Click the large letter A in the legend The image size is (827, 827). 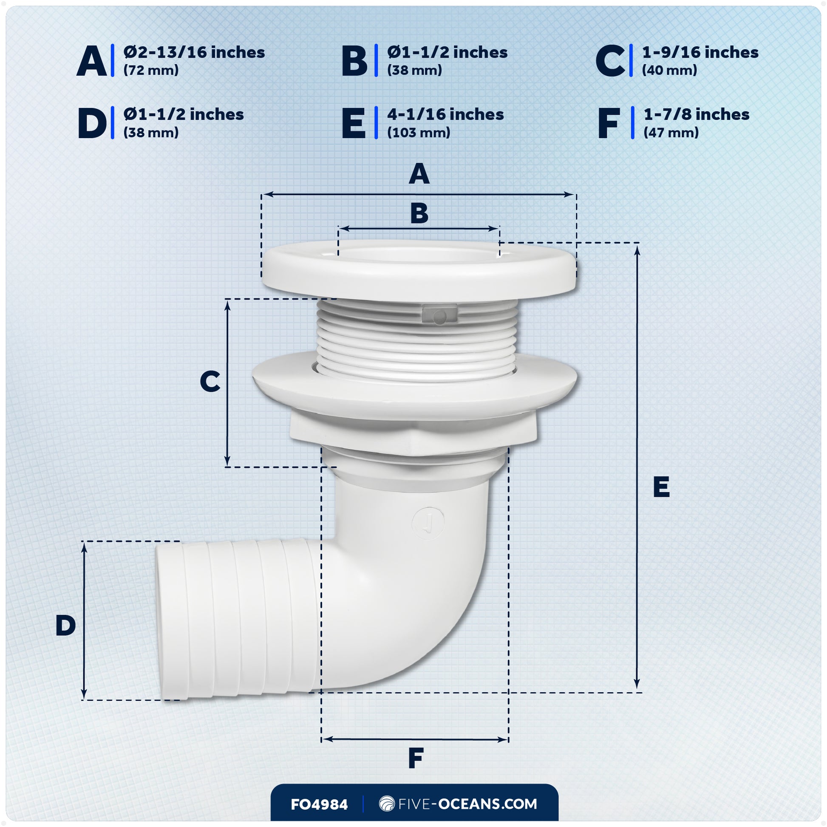92,61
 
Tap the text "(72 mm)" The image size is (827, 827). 151,70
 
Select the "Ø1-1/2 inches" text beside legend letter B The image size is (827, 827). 447,52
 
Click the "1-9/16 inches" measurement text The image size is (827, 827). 700,52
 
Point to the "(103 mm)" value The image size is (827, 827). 418,133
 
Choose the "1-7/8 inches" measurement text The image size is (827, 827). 696,114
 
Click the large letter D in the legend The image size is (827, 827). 92,123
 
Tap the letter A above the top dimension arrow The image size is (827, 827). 419,174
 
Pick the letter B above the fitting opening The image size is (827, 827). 419,213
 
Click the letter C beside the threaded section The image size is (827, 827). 210,381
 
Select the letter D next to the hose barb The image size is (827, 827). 65,626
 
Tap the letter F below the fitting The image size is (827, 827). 416,758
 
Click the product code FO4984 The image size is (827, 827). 319,804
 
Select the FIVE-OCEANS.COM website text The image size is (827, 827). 467,804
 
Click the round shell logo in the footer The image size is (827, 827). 387,804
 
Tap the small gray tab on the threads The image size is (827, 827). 439,315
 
